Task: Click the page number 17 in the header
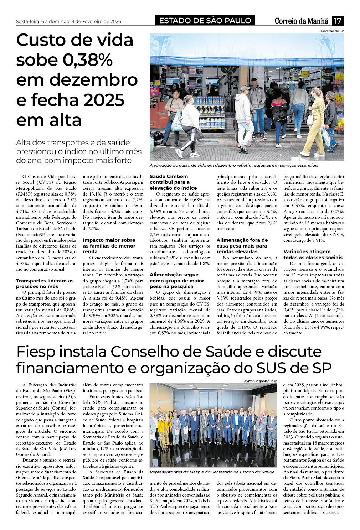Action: coord(338,21)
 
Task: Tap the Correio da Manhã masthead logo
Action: coord(301,21)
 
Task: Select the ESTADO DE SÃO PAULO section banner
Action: coord(205,21)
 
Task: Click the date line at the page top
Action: coord(68,21)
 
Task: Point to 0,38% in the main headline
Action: coord(88,59)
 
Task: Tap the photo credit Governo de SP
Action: coord(332,31)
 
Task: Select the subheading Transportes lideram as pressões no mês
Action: coord(45,284)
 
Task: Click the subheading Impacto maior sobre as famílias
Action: coord(109,246)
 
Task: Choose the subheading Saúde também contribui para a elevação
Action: coord(173,182)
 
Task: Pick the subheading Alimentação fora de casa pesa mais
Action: coord(242,246)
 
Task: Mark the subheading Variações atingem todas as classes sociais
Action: coord(308,254)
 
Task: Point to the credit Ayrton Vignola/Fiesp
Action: coord(260,381)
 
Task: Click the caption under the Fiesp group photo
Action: coord(212,472)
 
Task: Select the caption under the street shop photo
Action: coord(233,165)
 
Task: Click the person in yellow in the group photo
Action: coord(164,429)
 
